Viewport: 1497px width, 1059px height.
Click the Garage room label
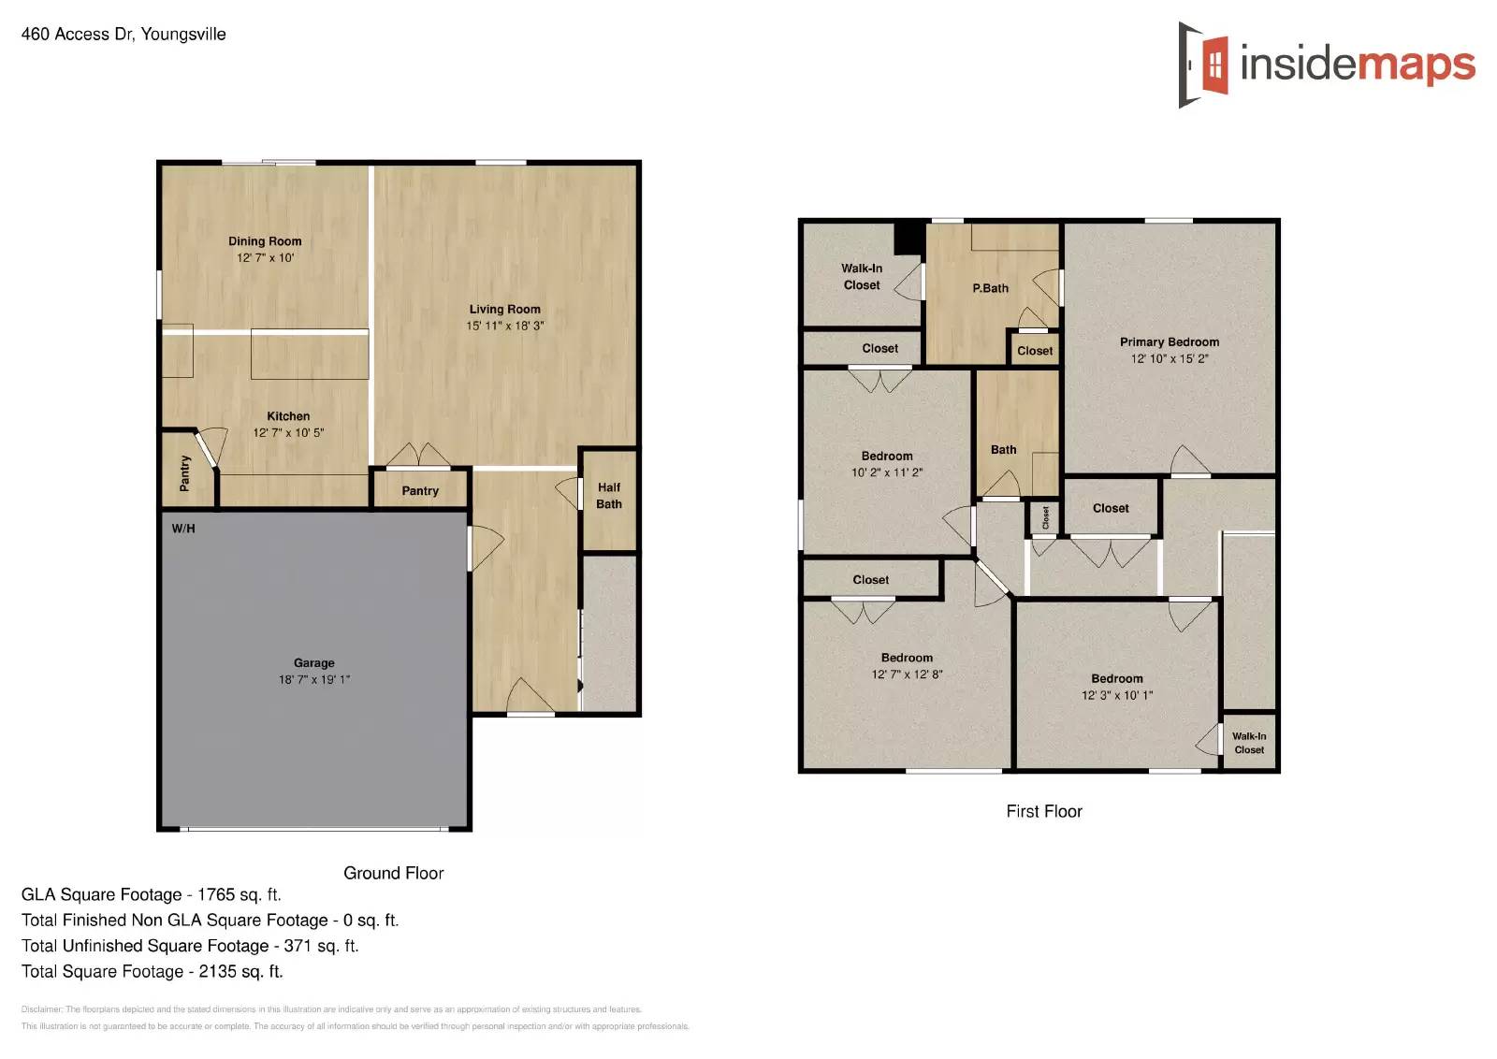tap(313, 662)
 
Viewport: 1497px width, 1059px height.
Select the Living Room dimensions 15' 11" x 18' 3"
tap(504, 326)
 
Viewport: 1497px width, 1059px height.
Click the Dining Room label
tap(265, 241)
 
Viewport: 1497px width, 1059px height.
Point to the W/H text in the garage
tap(183, 529)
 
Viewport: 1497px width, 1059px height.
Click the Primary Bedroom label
tap(1169, 342)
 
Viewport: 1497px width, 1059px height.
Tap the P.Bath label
tap(990, 288)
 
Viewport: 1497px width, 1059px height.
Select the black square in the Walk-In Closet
tap(908, 239)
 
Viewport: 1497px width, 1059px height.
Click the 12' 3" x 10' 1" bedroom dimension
tap(1116, 695)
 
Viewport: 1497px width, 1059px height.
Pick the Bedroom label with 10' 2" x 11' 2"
tap(886, 457)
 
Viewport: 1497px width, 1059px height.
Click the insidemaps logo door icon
tap(1204, 65)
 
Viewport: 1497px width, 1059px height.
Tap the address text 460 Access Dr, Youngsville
tap(124, 35)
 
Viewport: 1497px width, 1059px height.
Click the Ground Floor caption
tap(393, 873)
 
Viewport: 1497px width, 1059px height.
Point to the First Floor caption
tap(1043, 811)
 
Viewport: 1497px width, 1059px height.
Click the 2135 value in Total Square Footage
tap(217, 971)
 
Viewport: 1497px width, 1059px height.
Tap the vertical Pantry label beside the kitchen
tap(184, 473)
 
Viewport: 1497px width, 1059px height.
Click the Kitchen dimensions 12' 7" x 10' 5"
tap(288, 432)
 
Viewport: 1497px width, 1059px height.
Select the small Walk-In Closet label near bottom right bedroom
tap(1248, 743)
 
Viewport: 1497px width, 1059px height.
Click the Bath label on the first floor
tap(1003, 450)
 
